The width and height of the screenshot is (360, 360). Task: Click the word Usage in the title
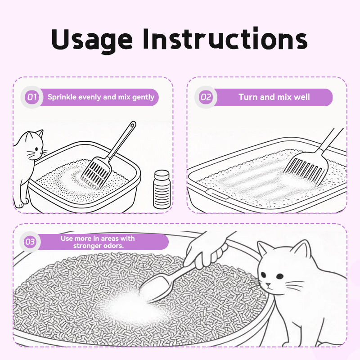tap(92, 39)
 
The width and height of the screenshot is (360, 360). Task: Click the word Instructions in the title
tap(225, 38)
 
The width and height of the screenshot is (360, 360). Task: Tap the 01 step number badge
tap(32, 97)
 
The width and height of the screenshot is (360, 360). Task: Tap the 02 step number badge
tap(206, 97)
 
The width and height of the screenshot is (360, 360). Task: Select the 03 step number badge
tap(30, 242)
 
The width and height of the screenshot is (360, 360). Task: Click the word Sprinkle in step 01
tap(62, 97)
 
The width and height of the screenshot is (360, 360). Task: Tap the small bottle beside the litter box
tap(162, 189)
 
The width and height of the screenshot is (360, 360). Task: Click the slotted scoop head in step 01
tap(96, 172)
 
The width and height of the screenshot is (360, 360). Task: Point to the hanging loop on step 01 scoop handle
tap(132, 125)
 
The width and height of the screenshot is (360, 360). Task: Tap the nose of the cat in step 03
tap(267, 285)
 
